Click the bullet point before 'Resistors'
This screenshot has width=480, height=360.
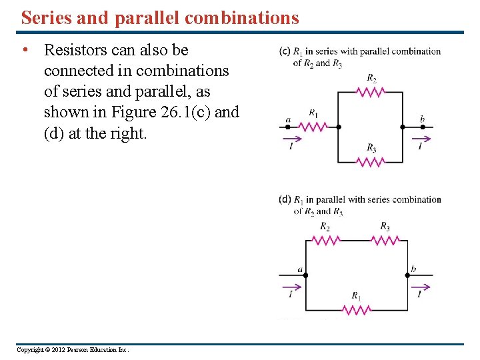coord(25,50)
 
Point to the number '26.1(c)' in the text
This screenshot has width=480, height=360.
coord(189,112)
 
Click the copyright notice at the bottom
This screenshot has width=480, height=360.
coord(73,349)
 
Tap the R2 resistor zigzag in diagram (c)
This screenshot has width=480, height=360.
coord(371,92)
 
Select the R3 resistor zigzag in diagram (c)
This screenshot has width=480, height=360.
coord(371,161)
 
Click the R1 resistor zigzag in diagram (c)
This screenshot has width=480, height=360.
coord(314,126)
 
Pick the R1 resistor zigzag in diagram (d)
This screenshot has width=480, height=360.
coord(357,309)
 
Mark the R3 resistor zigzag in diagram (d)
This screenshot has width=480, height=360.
coord(385,240)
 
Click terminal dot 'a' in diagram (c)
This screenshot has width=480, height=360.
coord(288,127)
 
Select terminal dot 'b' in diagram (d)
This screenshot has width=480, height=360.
coord(407,274)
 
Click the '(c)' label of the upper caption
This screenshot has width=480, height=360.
coord(285,51)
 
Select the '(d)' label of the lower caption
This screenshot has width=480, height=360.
coord(285,199)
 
